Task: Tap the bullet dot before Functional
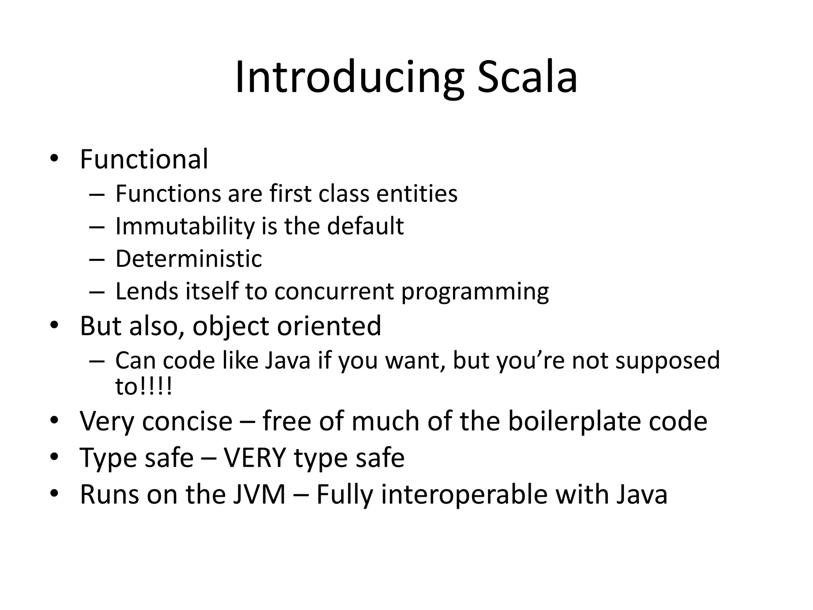click(x=54, y=159)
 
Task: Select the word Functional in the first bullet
click(x=144, y=159)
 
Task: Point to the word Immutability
click(x=185, y=226)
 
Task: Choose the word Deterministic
click(x=189, y=259)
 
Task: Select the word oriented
click(x=329, y=326)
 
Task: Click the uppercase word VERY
click(x=255, y=458)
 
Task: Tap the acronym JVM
click(x=259, y=495)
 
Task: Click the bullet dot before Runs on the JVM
click(x=54, y=495)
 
